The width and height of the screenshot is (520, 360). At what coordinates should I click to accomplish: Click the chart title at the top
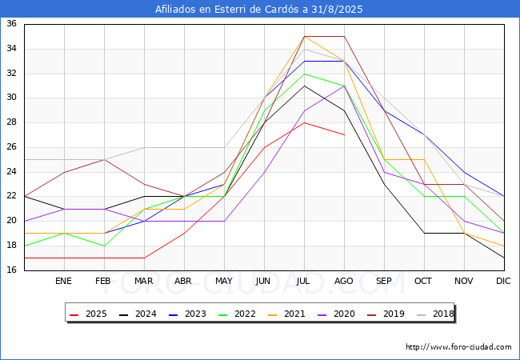pos(260,10)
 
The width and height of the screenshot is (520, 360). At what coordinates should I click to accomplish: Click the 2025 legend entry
pos(87,314)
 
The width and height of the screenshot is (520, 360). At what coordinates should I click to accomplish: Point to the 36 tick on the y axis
pos(12,24)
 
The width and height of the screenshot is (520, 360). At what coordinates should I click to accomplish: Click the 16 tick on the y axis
pos(12,270)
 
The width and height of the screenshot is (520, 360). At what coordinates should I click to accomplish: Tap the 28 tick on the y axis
pos(12,122)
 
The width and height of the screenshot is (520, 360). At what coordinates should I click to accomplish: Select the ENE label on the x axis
pos(64,282)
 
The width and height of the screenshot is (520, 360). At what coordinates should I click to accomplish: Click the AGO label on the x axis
pos(344,282)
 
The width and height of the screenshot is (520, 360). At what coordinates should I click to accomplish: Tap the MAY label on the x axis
pos(224,282)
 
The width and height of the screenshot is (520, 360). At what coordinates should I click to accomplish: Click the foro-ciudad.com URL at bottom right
pos(458,347)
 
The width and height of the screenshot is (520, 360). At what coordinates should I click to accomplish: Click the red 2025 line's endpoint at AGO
pos(344,135)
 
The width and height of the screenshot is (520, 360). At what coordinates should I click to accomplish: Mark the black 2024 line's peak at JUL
pos(304,86)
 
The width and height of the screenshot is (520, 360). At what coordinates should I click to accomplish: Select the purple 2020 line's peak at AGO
pos(344,86)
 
